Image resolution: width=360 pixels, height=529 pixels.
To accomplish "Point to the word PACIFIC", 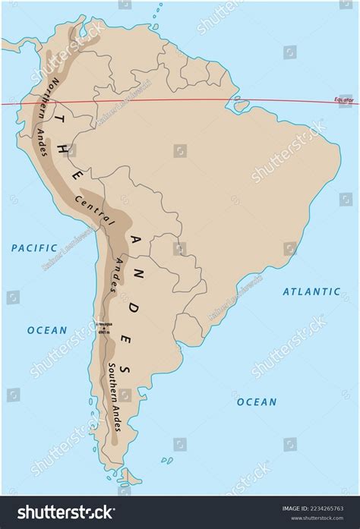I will (34, 247).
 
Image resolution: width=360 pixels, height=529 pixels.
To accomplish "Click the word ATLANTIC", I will (311, 291).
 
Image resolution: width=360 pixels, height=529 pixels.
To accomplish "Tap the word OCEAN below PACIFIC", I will (47, 330).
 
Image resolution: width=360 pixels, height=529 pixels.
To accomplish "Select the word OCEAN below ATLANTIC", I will (256, 401).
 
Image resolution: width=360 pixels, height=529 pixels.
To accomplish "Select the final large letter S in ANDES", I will (127, 370).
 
